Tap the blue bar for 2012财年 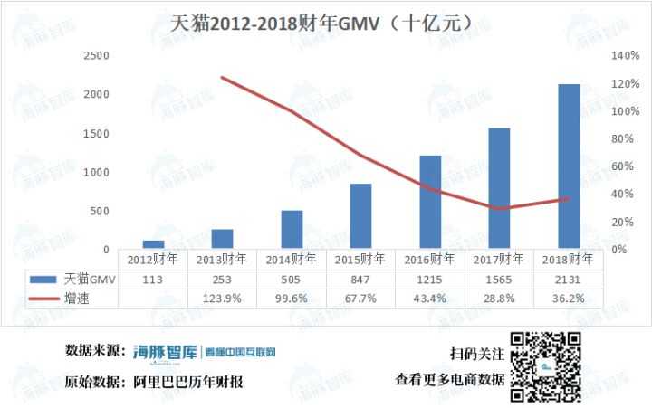(153, 244)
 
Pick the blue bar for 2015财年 (361, 216)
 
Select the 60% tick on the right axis (617, 166)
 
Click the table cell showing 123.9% (222, 298)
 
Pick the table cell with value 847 (361, 279)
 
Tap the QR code (545, 368)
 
